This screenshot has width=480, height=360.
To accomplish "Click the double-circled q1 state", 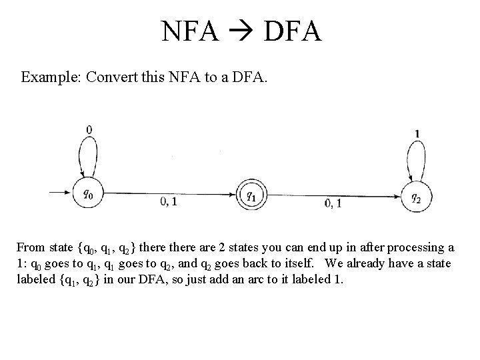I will point(251,195).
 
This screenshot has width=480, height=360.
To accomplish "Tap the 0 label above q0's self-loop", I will point(89,129).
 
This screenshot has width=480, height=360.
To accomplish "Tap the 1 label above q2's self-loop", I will point(417,133).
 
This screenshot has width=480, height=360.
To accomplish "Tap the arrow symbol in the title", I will point(241,32).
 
